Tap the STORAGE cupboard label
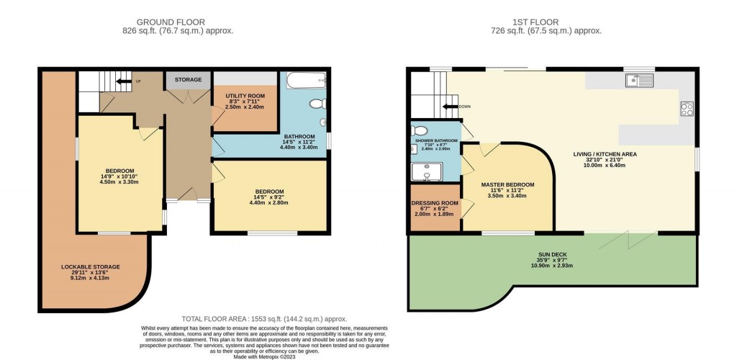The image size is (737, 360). coord(188,79)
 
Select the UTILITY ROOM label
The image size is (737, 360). coord(245,96)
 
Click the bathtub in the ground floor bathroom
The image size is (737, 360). coord(307,80)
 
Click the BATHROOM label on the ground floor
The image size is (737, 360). coord(299,136)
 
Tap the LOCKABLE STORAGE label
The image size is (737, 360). coord(90,266)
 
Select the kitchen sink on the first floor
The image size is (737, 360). coord(638,80)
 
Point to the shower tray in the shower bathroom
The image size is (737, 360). coord(426,171)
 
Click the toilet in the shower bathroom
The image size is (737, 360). coord(420,131)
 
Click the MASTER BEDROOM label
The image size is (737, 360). coord(508,185)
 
